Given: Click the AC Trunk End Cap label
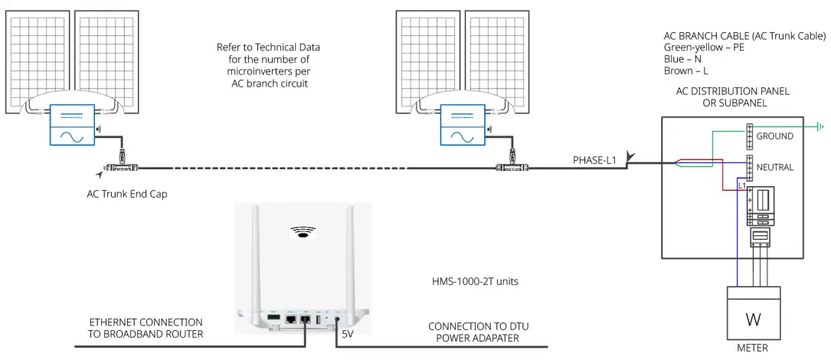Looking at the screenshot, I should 126,194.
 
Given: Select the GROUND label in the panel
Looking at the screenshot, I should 774,136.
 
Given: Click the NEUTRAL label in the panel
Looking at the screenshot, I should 774,167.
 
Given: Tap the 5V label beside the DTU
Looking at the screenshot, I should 348,334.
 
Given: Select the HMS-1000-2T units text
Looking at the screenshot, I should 475,282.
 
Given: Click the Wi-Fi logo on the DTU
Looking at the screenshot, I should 304,231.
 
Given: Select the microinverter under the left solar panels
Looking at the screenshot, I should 72,125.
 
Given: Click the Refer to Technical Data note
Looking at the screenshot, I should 269,65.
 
